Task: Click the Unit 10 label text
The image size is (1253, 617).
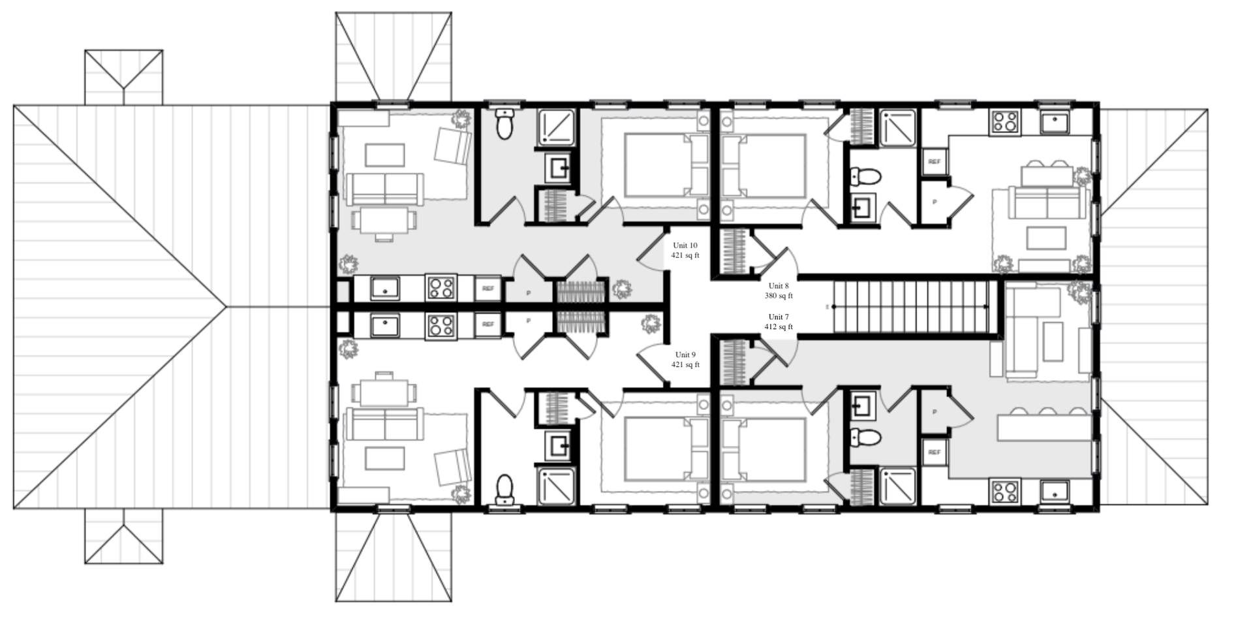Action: [x=685, y=250]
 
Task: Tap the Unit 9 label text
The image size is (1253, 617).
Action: [x=685, y=360]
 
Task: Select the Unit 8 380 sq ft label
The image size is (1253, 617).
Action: [x=779, y=291]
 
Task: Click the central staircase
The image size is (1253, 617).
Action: [x=910, y=306]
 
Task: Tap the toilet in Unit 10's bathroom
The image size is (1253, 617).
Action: [x=504, y=124]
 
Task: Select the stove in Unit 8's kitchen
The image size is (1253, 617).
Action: [x=1005, y=122]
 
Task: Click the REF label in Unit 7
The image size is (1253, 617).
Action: [x=934, y=452]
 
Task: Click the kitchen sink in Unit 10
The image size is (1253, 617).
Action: [x=385, y=288]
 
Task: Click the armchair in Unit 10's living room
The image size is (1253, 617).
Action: [x=452, y=146]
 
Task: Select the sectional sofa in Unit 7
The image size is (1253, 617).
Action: [x=1038, y=333]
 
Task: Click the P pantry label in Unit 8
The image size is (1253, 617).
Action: [x=934, y=202]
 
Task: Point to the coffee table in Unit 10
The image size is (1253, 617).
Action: [x=384, y=155]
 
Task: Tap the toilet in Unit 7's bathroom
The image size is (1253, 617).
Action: [x=865, y=437]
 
